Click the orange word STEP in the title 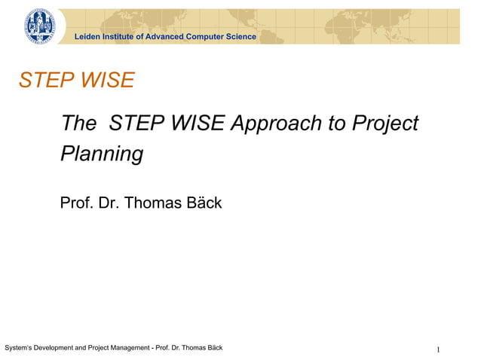pyautogui.click(x=45, y=81)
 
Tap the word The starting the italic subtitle pyautogui.click(x=79, y=123)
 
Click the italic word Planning pyautogui.click(x=102, y=154)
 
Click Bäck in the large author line pyautogui.click(x=203, y=203)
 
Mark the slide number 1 pyautogui.click(x=438, y=349)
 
